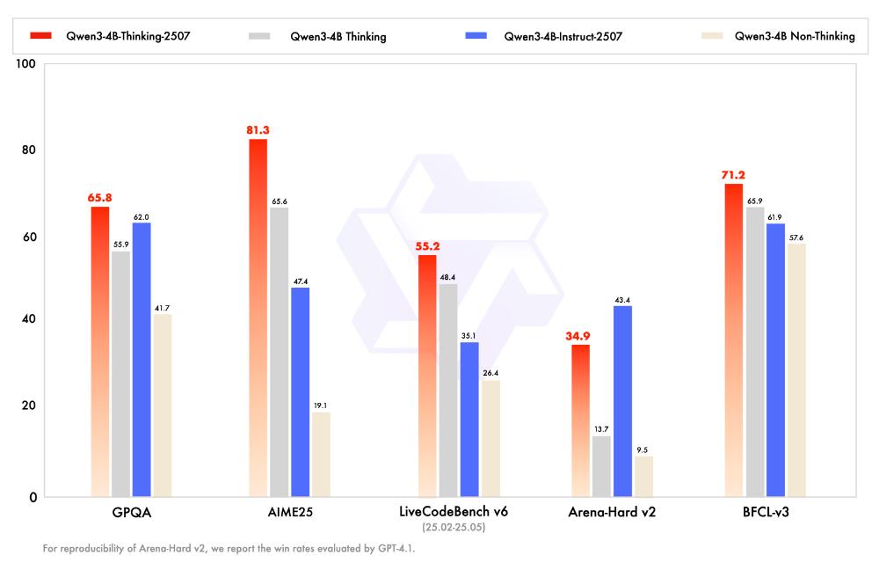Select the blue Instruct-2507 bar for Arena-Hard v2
622,401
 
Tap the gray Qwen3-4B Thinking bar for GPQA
120,375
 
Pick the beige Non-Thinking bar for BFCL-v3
795,370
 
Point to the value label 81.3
258,130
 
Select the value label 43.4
622,300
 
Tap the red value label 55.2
427,247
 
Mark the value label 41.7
163,308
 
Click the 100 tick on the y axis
25,64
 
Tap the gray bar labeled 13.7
601,466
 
